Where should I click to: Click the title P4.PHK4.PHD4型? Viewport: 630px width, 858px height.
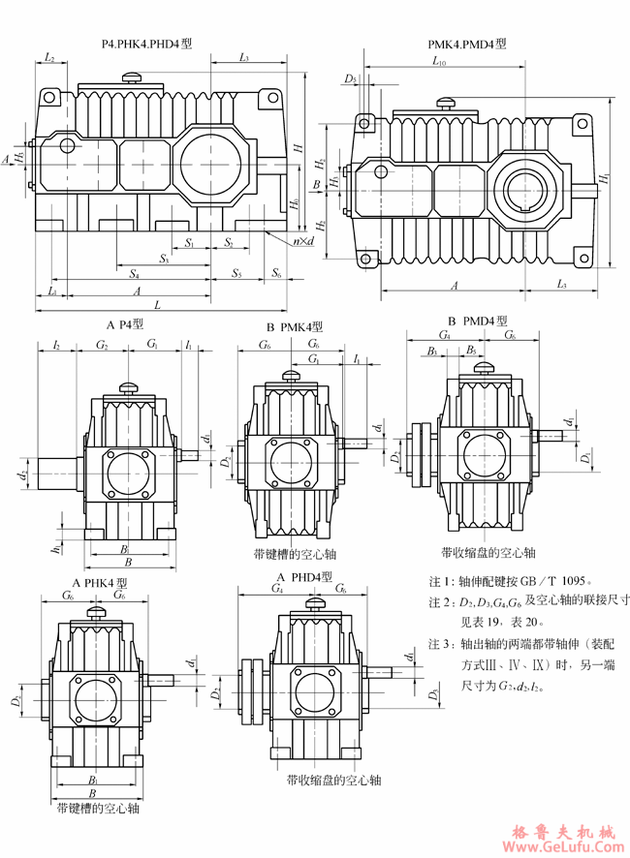(147, 44)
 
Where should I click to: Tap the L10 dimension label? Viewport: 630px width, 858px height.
(438, 62)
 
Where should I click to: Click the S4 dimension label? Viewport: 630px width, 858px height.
(132, 274)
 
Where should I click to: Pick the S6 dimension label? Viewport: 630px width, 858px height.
(277, 274)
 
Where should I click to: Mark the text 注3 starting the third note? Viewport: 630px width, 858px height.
(440, 643)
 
